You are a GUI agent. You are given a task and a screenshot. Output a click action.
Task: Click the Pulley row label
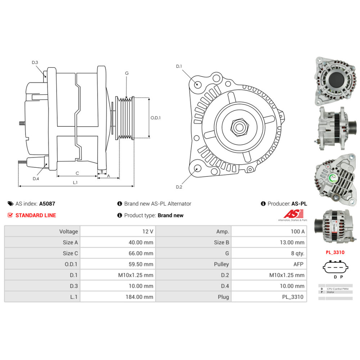click(x=221, y=264)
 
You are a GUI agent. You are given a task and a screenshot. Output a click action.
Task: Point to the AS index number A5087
click(x=47, y=203)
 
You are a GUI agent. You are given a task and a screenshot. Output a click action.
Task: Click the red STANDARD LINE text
click(x=36, y=215)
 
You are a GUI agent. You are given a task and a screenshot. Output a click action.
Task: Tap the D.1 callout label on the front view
click(x=179, y=66)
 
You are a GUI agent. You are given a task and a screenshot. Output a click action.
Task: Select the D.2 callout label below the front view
click(x=179, y=186)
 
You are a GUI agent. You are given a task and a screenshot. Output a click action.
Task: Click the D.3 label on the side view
click(x=35, y=63)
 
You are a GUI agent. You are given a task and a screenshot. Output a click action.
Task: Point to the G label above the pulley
click(x=127, y=73)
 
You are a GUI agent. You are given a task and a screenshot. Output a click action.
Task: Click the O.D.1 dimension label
click(x=156, y=118)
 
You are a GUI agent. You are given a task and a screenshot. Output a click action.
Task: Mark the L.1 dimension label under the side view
click(x=75, y=183)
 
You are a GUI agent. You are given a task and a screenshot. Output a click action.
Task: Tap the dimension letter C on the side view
click(x=77, y=173)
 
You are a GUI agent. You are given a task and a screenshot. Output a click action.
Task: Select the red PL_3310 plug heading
click(x=335, y=252)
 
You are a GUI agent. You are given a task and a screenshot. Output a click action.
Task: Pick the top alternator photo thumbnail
click(x=334, y=81)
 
